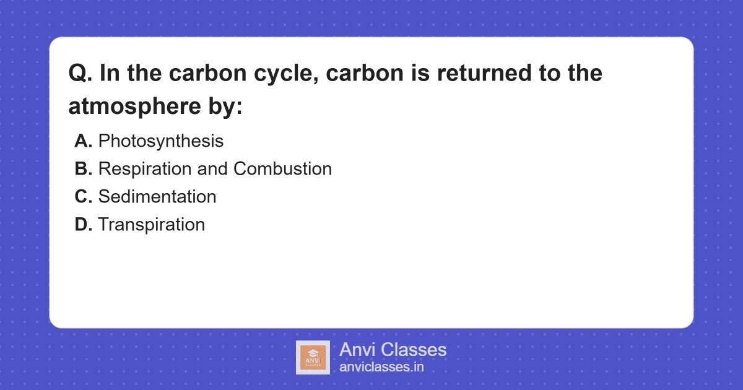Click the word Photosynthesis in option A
(160, 141)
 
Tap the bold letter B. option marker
(83, 169)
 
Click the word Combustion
(282, 169)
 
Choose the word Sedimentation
(157, 197)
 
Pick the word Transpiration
(151, 225)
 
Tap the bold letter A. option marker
(83, 141)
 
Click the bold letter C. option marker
(83, 197)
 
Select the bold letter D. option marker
(83, 225)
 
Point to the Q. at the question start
(80, 74)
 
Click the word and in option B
(212, 169)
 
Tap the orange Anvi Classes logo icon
(313, 357)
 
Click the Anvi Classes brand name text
(393, 350)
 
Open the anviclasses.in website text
(381, 367)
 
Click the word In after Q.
(109, 74)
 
